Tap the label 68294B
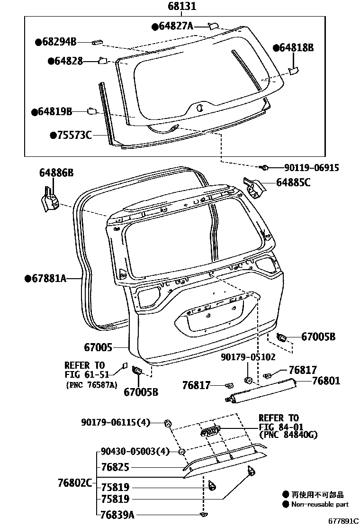click(x=59, y=42)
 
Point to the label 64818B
click(x=296, y=47)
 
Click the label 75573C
click(x=74, y=135)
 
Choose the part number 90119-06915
click(x=312, y=167)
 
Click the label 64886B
click(x=56, y=174)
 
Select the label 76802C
click(x=75, y=483)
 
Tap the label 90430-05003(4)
click(x=135, y=452)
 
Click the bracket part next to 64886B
click(x=49, y=198)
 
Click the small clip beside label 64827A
click(x=213, y=26)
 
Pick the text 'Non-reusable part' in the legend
click(x=319, y=505)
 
